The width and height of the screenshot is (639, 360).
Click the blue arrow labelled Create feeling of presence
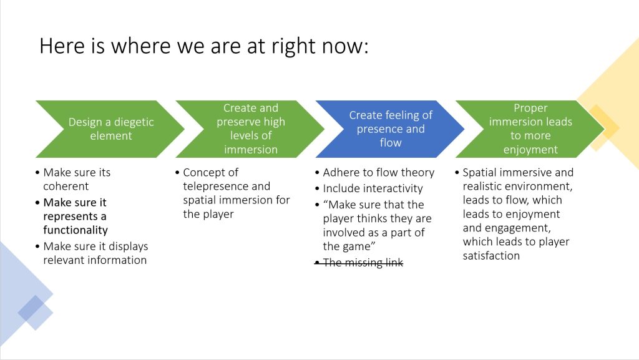coord(390,129)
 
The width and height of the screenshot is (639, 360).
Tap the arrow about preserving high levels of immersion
coord(251,129)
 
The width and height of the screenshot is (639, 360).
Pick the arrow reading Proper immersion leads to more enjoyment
coord(530,129)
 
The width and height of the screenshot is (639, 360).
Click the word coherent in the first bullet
coord(66,187)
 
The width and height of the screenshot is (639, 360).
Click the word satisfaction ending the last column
coord(491,256)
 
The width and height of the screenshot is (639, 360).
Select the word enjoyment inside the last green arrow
coord(530,150)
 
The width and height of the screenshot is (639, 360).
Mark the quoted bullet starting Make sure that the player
coord(378,226)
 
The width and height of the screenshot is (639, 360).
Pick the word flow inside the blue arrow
coord(391,142)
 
